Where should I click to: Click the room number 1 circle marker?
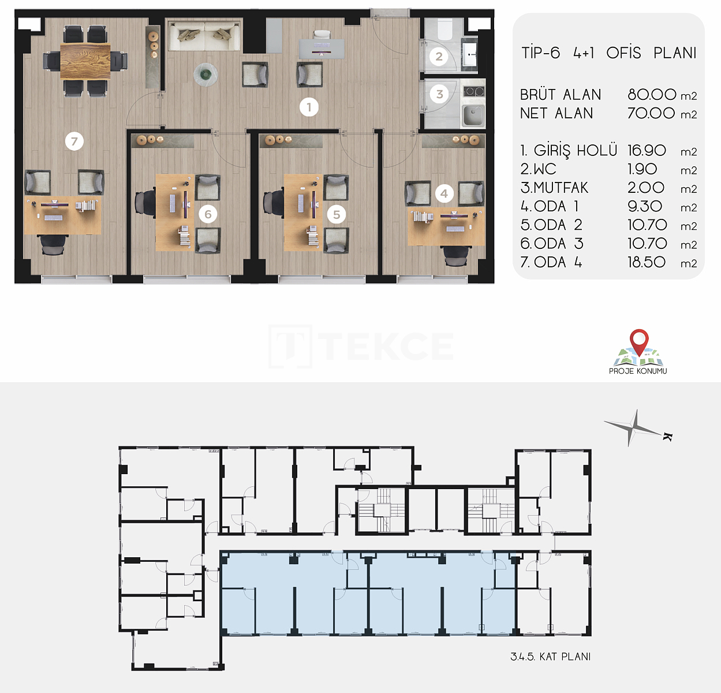click(309, 107)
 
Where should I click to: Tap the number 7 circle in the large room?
click(74, 141)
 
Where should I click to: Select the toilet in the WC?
click(444, 29)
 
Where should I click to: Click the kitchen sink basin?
click(473, 115)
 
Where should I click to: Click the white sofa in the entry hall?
click(204, 36)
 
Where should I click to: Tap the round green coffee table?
click(206, 74)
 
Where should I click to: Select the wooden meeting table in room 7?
click(85, 61)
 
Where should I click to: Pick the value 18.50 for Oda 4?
click(647, 262)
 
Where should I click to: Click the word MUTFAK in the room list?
click(561, 188)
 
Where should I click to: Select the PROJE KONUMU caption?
click(638, 371)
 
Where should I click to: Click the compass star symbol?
click(634, 429)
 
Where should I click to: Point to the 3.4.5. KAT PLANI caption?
click(551, 657)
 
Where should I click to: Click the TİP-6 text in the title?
click(540, 53)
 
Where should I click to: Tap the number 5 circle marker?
click(337, 215)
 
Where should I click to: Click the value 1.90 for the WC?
click(642, 169)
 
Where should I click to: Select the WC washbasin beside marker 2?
click(470, 54)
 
